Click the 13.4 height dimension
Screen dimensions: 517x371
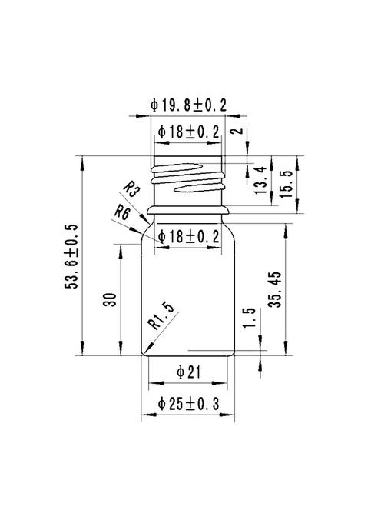pos(261,180)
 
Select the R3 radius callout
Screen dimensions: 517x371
pos(131,188)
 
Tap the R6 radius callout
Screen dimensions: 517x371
pos(121,211)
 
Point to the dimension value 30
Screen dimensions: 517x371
pos(109,299)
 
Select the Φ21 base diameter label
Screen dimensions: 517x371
pos(188,373)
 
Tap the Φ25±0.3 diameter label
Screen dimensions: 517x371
pos(188,403)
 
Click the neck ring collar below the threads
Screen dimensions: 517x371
pos(188,207)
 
